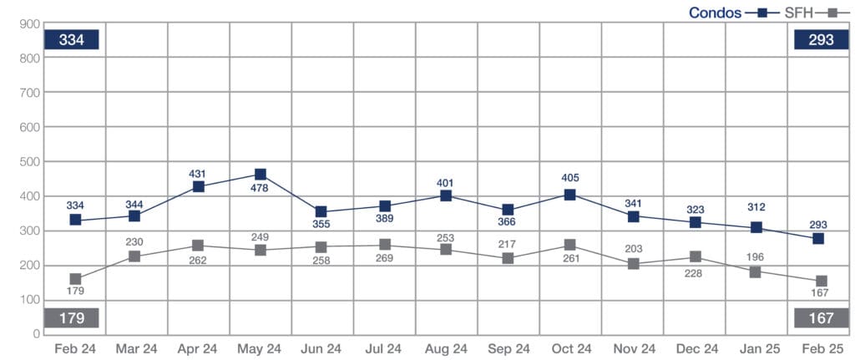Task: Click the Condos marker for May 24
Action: click(261, 175)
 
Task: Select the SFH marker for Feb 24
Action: click(75, 279)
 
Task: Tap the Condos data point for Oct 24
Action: click(570, 195)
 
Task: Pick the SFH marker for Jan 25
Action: click(756, 271)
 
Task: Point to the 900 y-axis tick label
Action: click(30, 23)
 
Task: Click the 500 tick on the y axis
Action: click(30, 161)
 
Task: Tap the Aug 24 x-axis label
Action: click(446, 348)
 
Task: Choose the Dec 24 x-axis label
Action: click(694, 348)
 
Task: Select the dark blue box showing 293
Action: click(820, 40)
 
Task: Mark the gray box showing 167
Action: click(820, 318)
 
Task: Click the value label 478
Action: click(261, 191)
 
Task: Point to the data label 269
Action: click(384, 260)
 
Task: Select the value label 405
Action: click(570, 178)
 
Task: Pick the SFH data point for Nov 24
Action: click(632, 264)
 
